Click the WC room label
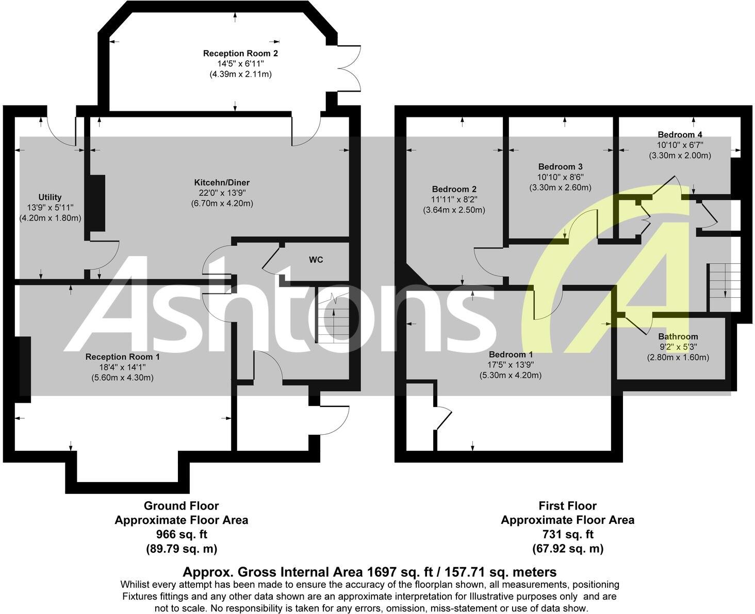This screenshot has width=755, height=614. pyautogui.click(x=316, y=260)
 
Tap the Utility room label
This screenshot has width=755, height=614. pyautogui.click(x=50, y=197)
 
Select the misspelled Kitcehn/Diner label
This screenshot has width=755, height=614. pyautogui.click(x=222, y=182)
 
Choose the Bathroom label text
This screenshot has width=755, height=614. pyautogui.click(x=678, y=336)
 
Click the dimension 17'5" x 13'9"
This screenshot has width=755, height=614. pyautogui.click(x=511, y=365)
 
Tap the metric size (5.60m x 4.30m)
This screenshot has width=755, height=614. pyautogui.click(x=120, y=378)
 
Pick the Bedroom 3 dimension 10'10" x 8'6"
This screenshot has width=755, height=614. pyautogui.click(x=560, y=177)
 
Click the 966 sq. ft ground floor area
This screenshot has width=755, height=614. pyautogui.click(x=182, y=535)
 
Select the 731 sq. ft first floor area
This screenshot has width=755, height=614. pyautogui.click(x=567, y=535)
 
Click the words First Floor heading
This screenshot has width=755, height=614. pyautogui.click(x=567, y=506)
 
